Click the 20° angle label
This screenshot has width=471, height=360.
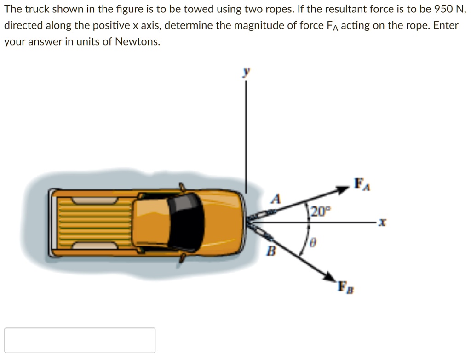coord(320,211)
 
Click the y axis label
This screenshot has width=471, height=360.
coord(247,72)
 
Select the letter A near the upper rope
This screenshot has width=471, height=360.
coord(276,199)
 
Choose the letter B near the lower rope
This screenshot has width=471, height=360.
coord(272,251)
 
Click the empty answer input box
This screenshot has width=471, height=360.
coord(80,340)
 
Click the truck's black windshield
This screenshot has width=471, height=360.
coord(186,221)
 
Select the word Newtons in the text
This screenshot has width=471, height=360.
coord(138,42)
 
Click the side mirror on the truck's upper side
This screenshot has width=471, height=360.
coord(182,187)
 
